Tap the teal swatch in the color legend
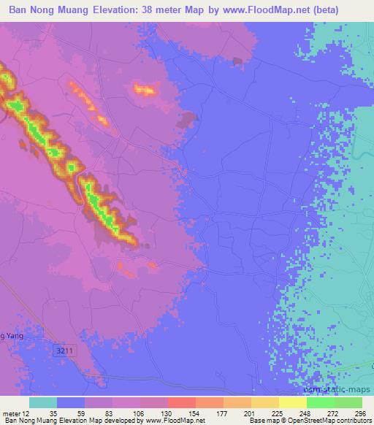[x=43, y=402]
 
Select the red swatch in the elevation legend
[x=182, y=402]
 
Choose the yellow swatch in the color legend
[x=292, y=402]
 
